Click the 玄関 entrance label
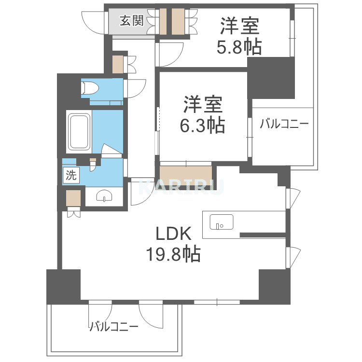[x=132, y=20]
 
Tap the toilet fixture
[x=89, y=88]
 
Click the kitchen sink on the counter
[x=222, y=222]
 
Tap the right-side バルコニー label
[x=283, y=124]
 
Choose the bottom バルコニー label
[x=113, y=327]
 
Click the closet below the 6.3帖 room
[x=185, y=173]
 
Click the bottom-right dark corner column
[x=274, y=285]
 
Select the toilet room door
[x=135, y=89]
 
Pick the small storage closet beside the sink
[x=73, y=198]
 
